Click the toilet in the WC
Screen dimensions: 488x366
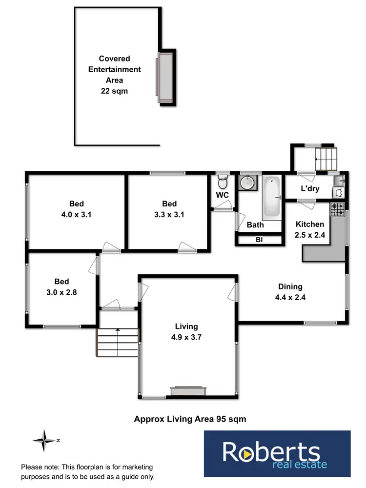click(x=222, y=183)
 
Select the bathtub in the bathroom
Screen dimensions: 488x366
click(x=271, y=198)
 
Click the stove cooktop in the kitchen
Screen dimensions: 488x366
click(x=338, y=210)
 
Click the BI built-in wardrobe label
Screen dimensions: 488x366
click(x=259, y=240)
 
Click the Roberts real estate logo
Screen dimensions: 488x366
click(x=277, y=454)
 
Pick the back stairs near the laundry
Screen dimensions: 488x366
click(x=325, y=159)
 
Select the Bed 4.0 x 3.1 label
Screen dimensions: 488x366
click(x=76, y=209)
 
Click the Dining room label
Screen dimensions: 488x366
click(x=290, y=286)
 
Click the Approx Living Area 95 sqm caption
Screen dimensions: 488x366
click(x=190, y=419)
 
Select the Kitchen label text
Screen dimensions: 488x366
click(x=310, y=224)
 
